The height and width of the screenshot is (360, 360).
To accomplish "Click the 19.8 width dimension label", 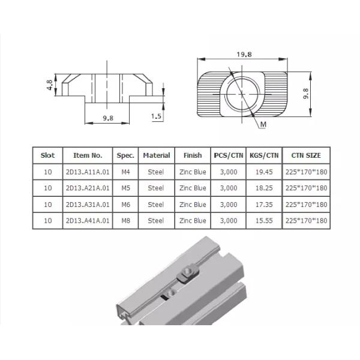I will [244, 54].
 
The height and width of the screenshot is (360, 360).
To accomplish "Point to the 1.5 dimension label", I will [157, 116].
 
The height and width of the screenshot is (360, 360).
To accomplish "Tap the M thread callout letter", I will [263, 124].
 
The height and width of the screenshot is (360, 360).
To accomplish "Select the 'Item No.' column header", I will [88, 155].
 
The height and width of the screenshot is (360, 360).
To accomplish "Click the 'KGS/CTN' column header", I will [263, 155].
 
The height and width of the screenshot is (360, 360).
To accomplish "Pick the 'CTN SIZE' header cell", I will [306, 155].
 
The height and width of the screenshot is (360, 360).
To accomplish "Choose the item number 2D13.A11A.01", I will [88, 172].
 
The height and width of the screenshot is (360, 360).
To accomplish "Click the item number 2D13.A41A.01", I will [88, 221].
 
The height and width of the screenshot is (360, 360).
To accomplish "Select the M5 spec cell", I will [125, 188].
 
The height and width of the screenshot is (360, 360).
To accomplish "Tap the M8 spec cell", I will [125, 221].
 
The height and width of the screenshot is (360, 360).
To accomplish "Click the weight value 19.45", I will [263, 172].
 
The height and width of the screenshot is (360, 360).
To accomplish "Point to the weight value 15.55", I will [263, 221].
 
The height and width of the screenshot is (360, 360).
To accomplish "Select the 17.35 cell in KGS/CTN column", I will [263, 205].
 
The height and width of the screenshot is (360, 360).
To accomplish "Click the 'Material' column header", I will [156, 155].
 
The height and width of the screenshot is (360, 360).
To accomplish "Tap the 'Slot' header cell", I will [47, 155].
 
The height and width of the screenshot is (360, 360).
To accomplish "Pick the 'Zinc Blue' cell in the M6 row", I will [192, 205].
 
